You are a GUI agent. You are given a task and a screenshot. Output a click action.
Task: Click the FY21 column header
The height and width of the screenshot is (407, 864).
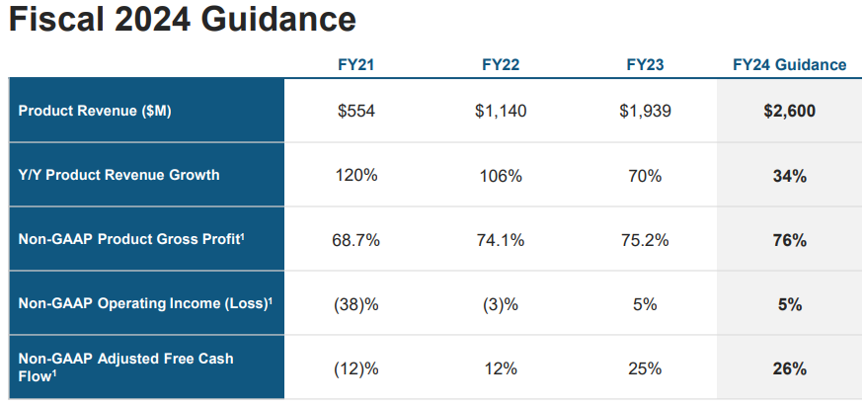coord(355,65)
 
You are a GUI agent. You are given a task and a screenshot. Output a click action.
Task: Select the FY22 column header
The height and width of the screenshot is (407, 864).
coord(501,65)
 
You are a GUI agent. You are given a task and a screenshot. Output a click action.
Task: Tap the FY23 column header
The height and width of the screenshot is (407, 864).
coord(645,65)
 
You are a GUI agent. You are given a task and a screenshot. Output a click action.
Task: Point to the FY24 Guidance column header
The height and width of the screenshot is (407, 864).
coord(790,65)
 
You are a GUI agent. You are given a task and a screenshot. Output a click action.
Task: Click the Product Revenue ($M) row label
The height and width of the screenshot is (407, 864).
coord(95,111)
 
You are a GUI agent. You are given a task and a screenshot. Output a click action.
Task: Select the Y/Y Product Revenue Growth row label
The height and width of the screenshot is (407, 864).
coord(119,175)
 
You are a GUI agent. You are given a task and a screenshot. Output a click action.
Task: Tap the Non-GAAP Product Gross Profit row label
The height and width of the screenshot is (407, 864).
coord(131,239)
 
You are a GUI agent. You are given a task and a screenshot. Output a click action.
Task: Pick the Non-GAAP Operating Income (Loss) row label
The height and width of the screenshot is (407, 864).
coord(145,302)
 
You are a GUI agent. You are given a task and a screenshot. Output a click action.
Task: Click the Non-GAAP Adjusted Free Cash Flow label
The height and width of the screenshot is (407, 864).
coord(125,367)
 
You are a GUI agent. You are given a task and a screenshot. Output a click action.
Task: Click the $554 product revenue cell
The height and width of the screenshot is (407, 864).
coord(356,111)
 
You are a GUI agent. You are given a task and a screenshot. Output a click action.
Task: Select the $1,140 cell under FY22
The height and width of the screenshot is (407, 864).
coord(501,111)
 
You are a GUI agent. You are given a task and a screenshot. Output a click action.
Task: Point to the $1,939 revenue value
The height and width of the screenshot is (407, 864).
coord(645,111)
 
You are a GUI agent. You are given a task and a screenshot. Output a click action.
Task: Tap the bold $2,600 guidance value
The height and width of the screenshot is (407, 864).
coord(790,111)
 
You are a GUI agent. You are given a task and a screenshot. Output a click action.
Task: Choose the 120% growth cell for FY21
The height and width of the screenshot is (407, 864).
coord(356,176)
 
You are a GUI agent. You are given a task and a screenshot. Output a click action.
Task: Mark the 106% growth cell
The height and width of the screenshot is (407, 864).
coord(501,176)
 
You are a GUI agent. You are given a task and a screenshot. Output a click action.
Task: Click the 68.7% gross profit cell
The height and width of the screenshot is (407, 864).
coord(356,240)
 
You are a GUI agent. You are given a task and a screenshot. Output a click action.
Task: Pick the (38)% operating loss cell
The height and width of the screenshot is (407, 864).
coord(356,304)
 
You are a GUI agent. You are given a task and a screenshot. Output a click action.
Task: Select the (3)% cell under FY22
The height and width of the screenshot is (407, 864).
coord(501,304)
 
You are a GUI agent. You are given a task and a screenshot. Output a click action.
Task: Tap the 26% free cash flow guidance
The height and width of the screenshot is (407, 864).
coord(790,368)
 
